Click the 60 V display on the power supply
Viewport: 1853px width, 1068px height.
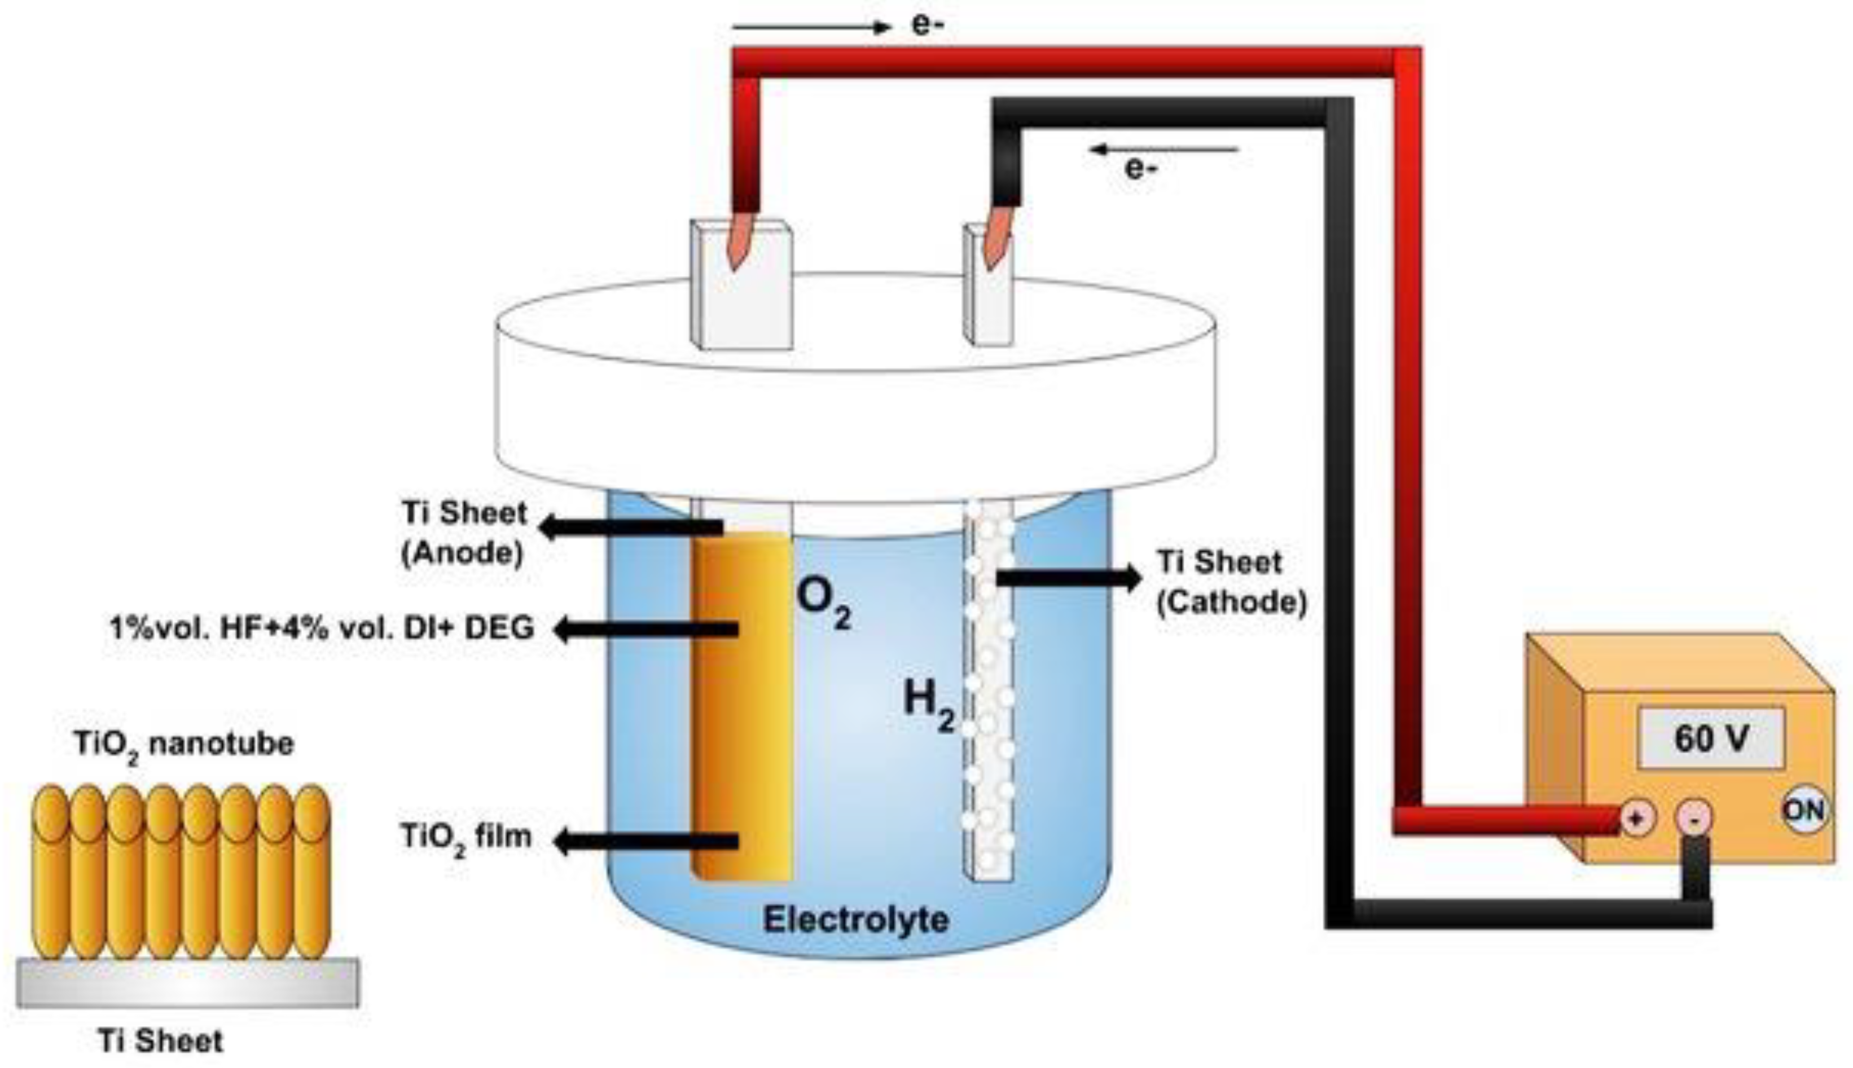point(1710,738)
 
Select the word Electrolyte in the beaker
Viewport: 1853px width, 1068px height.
point(855,919)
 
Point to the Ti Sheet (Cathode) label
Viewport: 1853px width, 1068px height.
point(1231,582)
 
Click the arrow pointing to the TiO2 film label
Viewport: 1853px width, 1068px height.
point(646,841)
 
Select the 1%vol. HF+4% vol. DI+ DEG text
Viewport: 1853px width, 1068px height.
point(321,629)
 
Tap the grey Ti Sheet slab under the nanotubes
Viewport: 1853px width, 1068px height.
point(188,982)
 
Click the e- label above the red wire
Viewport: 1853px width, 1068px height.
point(927,25)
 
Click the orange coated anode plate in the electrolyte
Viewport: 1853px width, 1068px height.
point(743,704)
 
